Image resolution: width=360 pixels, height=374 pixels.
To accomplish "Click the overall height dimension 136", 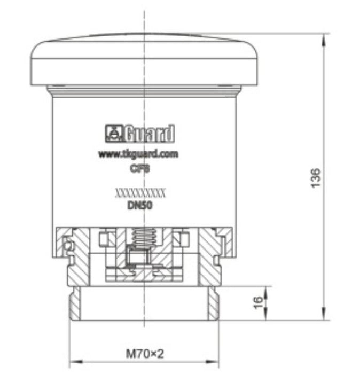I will (316, 178).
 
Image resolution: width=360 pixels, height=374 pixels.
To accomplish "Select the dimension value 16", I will (258, 303).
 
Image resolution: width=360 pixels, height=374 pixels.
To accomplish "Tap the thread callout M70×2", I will (144, 353).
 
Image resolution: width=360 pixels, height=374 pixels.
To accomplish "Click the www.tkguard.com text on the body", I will (138, 154).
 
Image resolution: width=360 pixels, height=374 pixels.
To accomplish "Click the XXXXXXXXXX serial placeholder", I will (140, 193).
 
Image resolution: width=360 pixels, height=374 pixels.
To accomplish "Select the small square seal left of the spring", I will (105, 237).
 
